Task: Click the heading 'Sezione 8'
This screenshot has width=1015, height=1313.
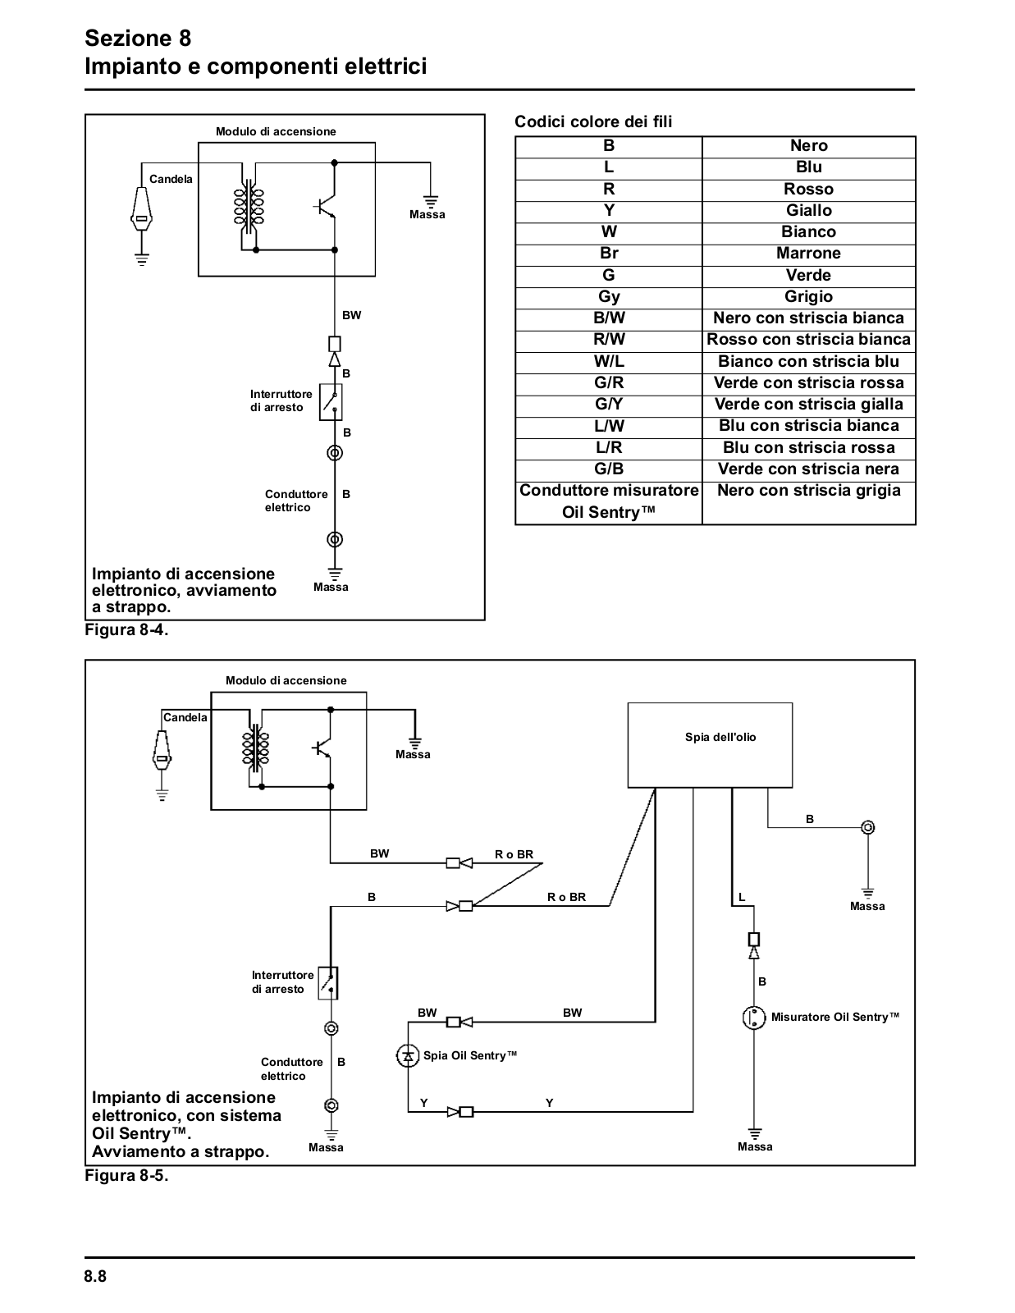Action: (138, 38)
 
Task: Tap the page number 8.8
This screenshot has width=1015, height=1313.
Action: (95, 1276)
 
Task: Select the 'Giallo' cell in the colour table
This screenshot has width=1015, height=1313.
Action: (808, 210)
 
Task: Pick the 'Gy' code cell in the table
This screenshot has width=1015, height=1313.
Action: (608, 297)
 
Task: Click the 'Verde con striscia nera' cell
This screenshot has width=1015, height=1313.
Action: (808, 469)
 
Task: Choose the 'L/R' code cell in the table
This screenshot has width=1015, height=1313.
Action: (608, 447)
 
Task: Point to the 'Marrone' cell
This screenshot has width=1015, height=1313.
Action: (808, 254)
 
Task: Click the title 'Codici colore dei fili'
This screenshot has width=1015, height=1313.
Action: (592, 121)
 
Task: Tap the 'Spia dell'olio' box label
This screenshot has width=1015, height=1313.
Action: (720, 737)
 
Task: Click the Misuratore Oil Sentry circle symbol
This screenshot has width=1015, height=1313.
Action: (753, 1018)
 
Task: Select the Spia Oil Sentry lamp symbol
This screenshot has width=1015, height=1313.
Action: (408, 1055)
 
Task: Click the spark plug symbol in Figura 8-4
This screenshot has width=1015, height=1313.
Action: (141, 209)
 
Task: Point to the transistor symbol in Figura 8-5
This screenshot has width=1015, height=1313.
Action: (322, 748)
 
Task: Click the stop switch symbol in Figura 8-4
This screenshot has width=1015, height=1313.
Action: (331, 402)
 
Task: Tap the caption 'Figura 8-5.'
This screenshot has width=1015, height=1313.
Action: (126, 1176)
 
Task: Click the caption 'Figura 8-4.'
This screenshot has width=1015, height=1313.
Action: (126, 630)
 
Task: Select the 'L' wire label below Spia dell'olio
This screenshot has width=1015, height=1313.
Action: (742, 897)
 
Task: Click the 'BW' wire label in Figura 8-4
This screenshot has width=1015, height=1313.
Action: (352, 315)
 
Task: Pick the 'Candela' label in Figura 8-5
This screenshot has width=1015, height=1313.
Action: (185, 717)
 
